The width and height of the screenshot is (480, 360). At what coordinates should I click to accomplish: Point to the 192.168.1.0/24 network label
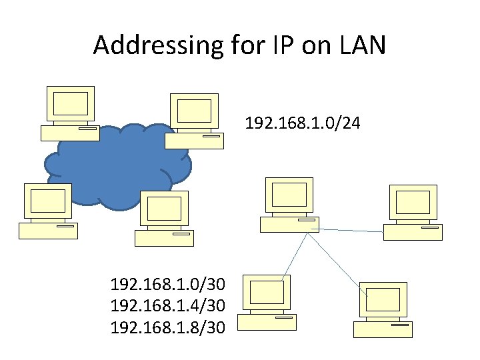pos(303,123)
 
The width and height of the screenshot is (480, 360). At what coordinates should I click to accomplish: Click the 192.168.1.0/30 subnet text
pos(167,285)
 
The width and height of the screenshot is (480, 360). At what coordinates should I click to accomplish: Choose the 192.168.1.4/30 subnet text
pos(167,306)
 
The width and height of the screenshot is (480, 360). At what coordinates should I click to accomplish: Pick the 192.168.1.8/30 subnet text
pos(167,327)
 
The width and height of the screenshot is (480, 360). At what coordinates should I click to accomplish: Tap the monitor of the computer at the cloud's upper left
pos(70,105)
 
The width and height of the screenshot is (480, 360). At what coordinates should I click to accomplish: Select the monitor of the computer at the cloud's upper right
pos(194,111)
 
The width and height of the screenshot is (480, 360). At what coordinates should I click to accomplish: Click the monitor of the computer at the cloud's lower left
pos(48,201)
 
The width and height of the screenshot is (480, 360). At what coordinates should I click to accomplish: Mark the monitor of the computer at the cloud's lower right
pos(164,208)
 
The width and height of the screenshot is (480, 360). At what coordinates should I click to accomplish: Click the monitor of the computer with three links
pos(289,195)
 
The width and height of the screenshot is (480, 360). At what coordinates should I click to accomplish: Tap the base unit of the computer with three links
pos(289,224)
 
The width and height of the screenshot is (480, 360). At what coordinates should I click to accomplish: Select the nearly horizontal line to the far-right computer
pos(347,230)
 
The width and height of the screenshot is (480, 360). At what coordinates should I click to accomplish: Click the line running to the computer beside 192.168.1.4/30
pos(295,255)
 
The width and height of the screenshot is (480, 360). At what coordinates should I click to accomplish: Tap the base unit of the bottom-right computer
pos(383,329)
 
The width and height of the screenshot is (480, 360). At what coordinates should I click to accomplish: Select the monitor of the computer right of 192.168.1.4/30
pos(267,293)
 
